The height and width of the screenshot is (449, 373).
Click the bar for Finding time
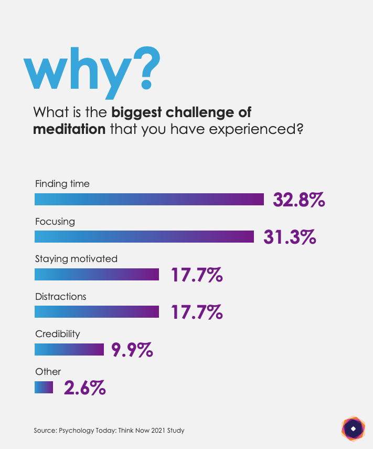[x=149, y=199]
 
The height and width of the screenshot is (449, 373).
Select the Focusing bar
[x=144, y=236]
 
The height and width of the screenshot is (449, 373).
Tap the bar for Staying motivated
[x=97, y=274]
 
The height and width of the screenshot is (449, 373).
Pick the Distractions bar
[x=97, y=311]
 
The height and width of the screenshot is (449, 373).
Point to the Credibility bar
[x=69, y=349]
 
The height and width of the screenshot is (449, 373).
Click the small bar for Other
[x=44, y=387]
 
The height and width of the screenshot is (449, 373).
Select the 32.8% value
[x=299, y=200]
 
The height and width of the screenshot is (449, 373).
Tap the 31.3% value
[x=290, y=237]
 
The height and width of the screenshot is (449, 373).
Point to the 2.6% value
[x=85, y=388]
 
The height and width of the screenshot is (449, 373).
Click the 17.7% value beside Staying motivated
[x=197, y=275]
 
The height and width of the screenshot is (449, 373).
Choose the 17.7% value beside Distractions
[x=197, y=312]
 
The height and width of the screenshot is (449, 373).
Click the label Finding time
[x=62, y=184]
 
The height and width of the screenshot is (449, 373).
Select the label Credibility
[x=58, y=334]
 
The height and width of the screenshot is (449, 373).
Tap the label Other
[x=48, y=372]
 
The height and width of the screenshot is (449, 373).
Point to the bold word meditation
[x=69, y=129]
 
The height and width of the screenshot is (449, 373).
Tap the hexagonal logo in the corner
[x=353, y=429]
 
